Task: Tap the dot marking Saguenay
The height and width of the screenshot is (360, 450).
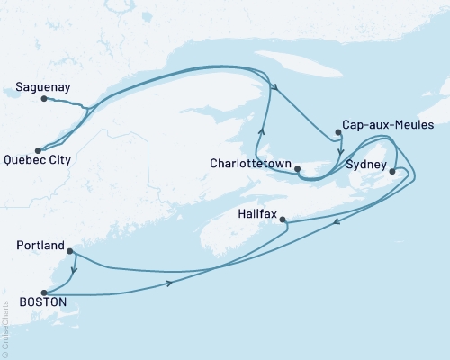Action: (43, 99)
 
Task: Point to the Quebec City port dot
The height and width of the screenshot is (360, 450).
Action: (38, 150)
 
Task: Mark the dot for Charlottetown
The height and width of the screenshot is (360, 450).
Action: (299, 166)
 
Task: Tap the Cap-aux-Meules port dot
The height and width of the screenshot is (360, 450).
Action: (338, 133)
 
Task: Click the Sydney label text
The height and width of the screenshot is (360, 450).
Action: (366, 165)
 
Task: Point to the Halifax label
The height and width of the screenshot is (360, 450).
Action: (261, 215)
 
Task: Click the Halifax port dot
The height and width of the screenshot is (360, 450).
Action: (283, 220)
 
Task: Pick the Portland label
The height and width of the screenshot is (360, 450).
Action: (40, 246)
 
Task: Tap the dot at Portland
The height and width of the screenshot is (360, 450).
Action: (70, 251)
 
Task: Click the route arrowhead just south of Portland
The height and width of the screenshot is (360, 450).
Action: (73, 268)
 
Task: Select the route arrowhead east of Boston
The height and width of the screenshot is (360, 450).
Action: (168, 284)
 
